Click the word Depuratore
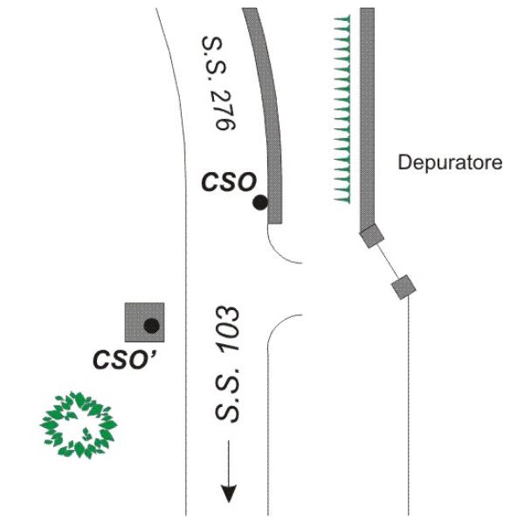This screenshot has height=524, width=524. point(450,162)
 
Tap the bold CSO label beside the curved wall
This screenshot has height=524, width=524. point(229,183)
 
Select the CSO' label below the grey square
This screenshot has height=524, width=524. point(125,359)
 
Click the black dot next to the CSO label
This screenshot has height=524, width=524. point(260,203)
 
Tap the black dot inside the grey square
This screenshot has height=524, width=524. point(151,326)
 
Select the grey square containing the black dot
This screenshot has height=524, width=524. point(144,322)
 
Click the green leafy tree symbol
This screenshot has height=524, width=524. point(79,424)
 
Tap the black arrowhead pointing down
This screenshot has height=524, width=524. point(229,493)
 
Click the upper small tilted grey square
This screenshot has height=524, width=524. point(372,236)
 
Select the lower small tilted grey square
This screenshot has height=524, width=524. point(403,287)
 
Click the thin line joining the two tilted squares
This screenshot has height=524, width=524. point(388,261)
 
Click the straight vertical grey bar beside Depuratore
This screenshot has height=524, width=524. point(367,120)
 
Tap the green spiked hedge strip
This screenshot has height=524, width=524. point(342,108)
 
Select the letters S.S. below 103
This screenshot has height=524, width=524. point(226,396)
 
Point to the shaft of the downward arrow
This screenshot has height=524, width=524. point(229,462)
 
